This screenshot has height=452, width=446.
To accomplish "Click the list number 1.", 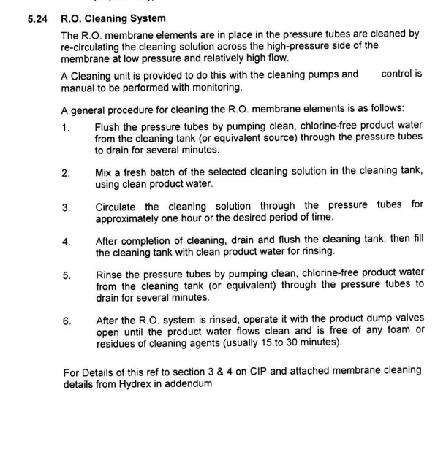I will tap(67, 129).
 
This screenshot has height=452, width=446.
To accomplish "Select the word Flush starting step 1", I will tap(108, 125).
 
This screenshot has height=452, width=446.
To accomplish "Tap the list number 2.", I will tap(67, 174).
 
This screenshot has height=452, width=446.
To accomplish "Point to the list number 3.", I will tap(67, 208).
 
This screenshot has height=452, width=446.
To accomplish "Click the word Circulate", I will tap(119, 205).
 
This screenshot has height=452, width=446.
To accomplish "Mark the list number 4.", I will tap(67, 242).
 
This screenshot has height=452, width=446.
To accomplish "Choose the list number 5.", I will tap(67, 276).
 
